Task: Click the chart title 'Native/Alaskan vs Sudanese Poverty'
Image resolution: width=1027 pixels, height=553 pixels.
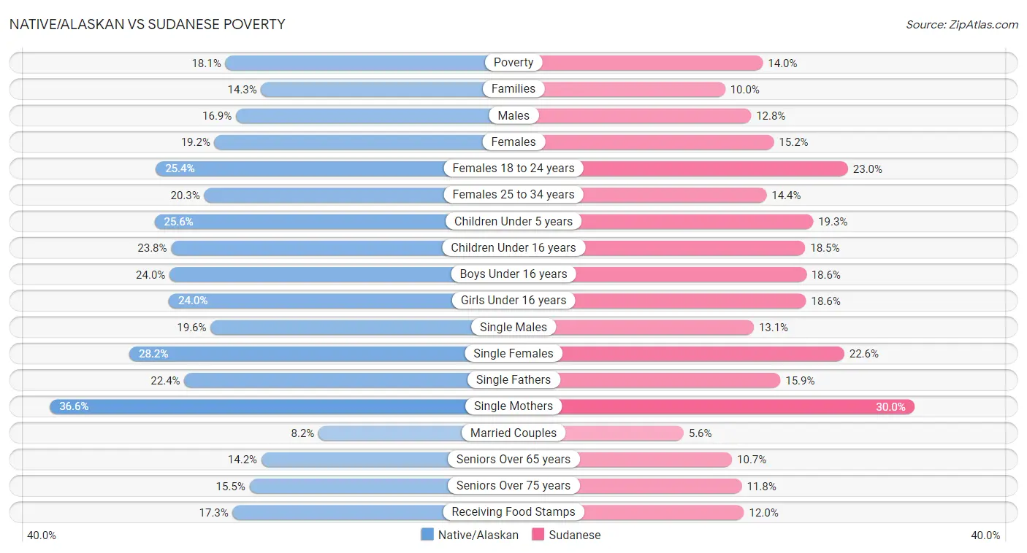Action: pyautogui.click(x=147, y=24)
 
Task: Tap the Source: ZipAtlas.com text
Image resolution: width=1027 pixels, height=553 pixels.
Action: pyautogui.click(x=961, y=24)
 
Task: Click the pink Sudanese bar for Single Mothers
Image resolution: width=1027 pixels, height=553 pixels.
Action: pyautogui.click(x=738, y=406)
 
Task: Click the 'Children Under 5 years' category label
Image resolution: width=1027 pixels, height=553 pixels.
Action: pyautogui.click(x=513, y=221)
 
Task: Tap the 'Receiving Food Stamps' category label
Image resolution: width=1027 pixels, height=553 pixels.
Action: pyautogui.click(x=513, y=512)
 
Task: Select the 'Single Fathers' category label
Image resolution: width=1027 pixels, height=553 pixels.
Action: pyautogui.click(x=513, y=379)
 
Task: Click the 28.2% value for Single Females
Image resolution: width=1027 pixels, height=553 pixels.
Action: pyautogui.click(x=153, y=354)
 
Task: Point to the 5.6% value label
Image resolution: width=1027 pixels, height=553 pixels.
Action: pyautogui.click(x=700, y=433)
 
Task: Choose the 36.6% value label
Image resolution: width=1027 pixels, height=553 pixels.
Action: pyautogui.click(x=74, y=406)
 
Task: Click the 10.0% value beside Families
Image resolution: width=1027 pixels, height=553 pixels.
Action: pyautogui.click(x=744, y=90)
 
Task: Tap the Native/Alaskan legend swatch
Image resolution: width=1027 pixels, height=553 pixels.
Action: pyautogui.click(x=427, y=535)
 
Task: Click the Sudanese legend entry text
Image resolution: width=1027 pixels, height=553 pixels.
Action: pyautogui.click(x=575, y=535)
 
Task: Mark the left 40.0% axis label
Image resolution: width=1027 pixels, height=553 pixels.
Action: pyautogui.click(x=42, y=535)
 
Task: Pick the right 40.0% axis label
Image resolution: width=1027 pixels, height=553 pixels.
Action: pyautogui.click(x=985, y=535)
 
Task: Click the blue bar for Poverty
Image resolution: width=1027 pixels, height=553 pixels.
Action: pyautogui.click(x=358, y=63)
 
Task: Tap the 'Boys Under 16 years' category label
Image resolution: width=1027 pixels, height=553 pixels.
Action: pyautogui.click(x=513, y=274)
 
